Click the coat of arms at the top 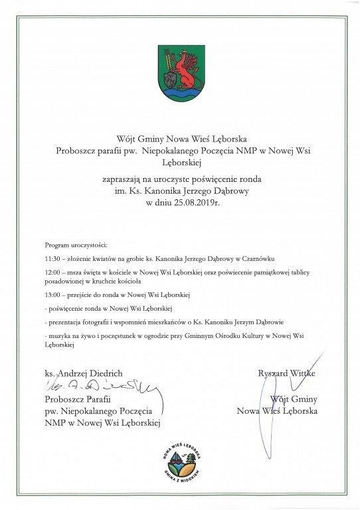tap(180, 72)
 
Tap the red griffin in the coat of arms tap(185, 70)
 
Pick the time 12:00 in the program tap(52, 272)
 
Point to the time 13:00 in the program tap(52, 294)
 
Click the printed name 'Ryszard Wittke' tap(287, 373)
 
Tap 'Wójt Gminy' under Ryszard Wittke tap(294, 399)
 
